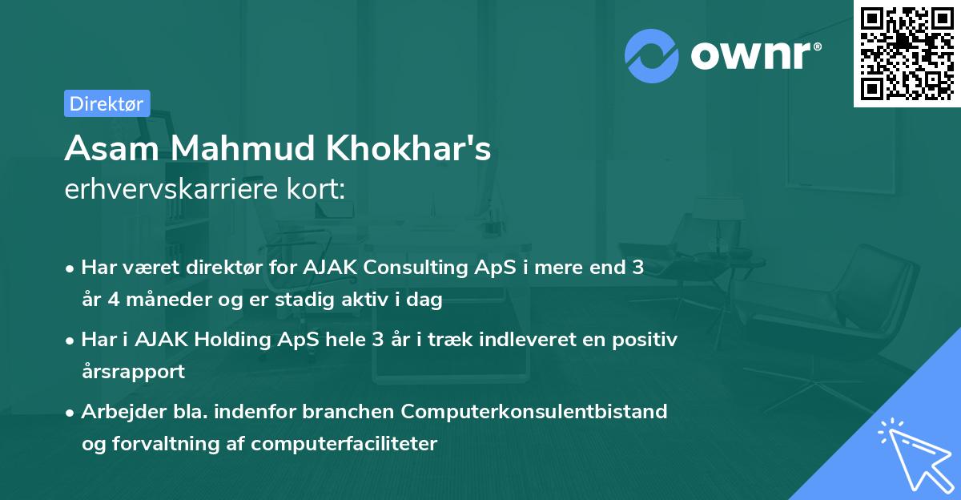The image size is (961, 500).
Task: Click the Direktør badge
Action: tap(107, 103)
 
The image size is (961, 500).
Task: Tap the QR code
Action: tap(907, 53)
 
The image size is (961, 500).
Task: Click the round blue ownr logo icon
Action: tap(652, 55)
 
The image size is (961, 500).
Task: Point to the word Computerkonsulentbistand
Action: tap(534, 411)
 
